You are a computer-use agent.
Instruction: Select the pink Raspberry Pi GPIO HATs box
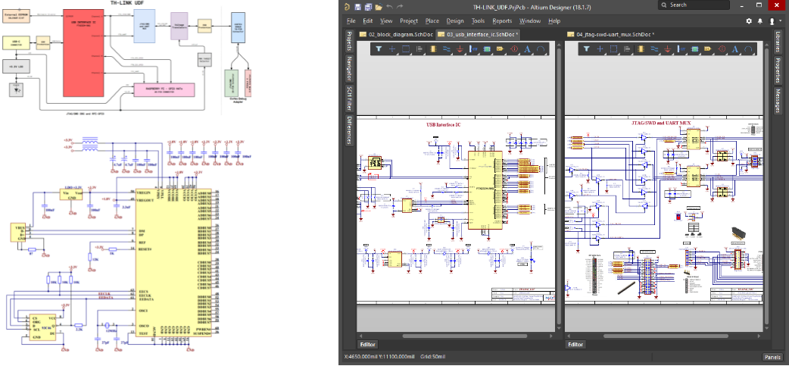[x=163, y=89]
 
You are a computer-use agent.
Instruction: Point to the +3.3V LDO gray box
[x=17, y=67]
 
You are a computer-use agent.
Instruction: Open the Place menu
[x=432, y=21]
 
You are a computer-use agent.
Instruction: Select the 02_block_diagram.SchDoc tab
[x=397, y=35]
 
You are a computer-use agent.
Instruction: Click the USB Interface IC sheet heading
[x=455, y=124]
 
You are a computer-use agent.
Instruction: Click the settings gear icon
[x=749, y=21]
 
